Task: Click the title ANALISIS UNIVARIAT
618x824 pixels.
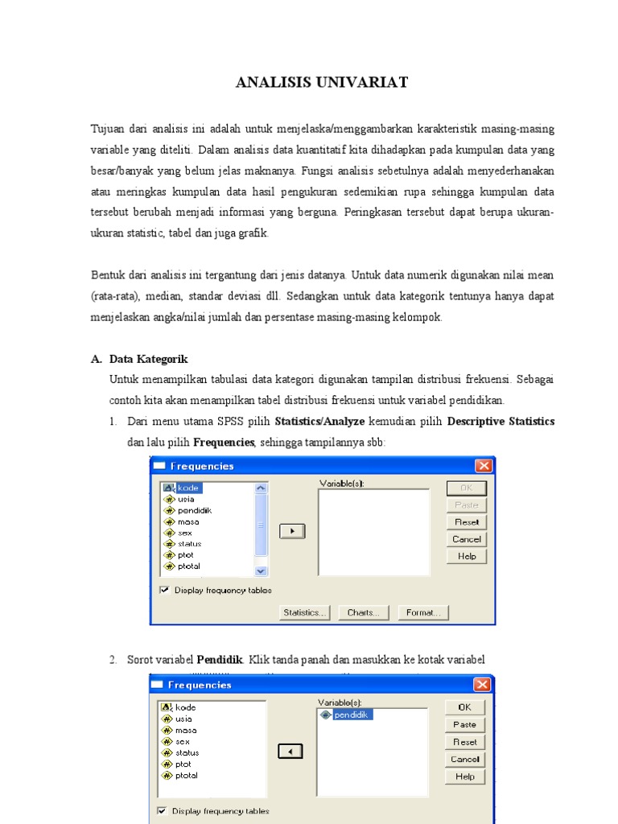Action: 322,82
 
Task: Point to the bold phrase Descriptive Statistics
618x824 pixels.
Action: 501,422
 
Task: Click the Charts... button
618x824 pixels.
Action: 364,613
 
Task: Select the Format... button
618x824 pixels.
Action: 423,613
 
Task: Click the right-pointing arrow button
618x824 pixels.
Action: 291,531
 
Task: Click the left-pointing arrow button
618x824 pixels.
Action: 291,751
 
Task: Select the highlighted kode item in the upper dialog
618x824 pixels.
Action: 188,488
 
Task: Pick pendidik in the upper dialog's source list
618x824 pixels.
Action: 194,510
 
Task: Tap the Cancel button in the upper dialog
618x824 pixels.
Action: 466,539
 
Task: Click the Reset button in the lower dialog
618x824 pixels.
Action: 464,742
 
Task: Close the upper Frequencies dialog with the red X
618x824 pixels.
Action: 483,466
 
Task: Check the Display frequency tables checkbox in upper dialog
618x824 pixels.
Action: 165,590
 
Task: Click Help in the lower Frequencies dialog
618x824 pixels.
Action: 464,777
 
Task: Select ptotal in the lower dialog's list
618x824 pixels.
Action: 186,776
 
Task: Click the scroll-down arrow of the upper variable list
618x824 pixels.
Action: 261,571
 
